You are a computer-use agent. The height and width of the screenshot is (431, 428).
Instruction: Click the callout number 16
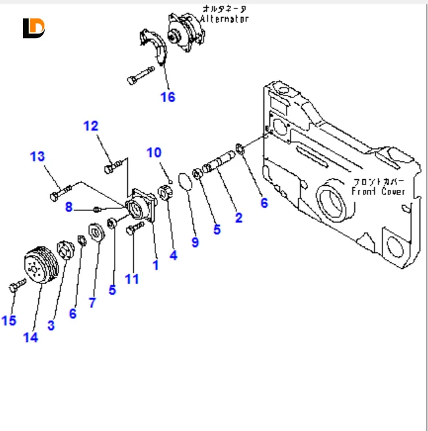(168, 97)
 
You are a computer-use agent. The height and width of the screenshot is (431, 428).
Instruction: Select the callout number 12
(90, 125)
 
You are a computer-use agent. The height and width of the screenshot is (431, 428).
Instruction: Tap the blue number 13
(38, 156)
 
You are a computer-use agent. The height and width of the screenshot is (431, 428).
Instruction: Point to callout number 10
(153, 153)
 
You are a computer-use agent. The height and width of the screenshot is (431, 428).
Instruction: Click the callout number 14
(30, 337)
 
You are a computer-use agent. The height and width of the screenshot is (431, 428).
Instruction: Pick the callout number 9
(195, 242)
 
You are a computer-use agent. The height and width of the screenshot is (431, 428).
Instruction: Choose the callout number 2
(238, 217)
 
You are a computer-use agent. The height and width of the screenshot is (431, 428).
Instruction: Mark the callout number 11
(132, 279)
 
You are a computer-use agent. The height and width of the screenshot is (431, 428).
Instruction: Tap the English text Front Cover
(378, 191)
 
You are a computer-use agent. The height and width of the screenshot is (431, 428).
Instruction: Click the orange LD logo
(33, 28)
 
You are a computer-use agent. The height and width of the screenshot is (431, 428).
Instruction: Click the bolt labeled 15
(16, 285)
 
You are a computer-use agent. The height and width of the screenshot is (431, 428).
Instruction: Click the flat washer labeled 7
(94, 233)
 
